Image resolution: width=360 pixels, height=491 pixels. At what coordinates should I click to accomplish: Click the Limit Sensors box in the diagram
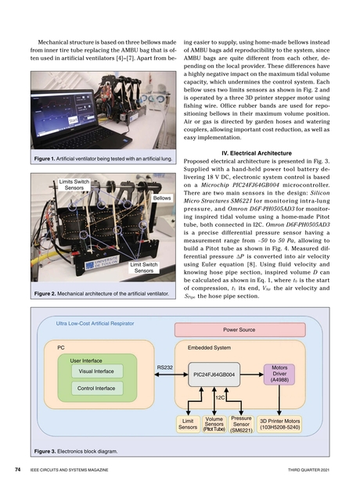(188, 424)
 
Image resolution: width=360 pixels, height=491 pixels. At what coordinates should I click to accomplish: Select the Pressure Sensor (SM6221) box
(241, 424)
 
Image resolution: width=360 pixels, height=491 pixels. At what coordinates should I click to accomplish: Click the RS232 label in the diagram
(164, 366)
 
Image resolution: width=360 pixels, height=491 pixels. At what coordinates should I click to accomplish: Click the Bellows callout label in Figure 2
(161, 199)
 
